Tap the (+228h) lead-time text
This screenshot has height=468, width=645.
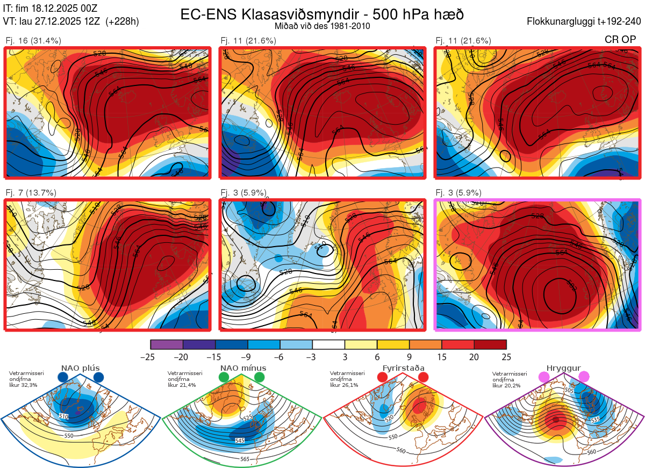coord(122,21)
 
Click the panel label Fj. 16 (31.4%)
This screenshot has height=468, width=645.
coord(33,41)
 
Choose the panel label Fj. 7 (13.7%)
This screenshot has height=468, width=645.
coord(31,193)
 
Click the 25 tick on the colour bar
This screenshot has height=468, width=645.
coord(506,357)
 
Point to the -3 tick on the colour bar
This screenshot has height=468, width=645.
coord(312,357)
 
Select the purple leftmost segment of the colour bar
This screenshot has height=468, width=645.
coord(167,344)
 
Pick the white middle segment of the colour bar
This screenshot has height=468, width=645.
coord(328,344)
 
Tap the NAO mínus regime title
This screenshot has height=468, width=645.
coord(243,368)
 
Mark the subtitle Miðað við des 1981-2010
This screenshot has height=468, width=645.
coord(322,26)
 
